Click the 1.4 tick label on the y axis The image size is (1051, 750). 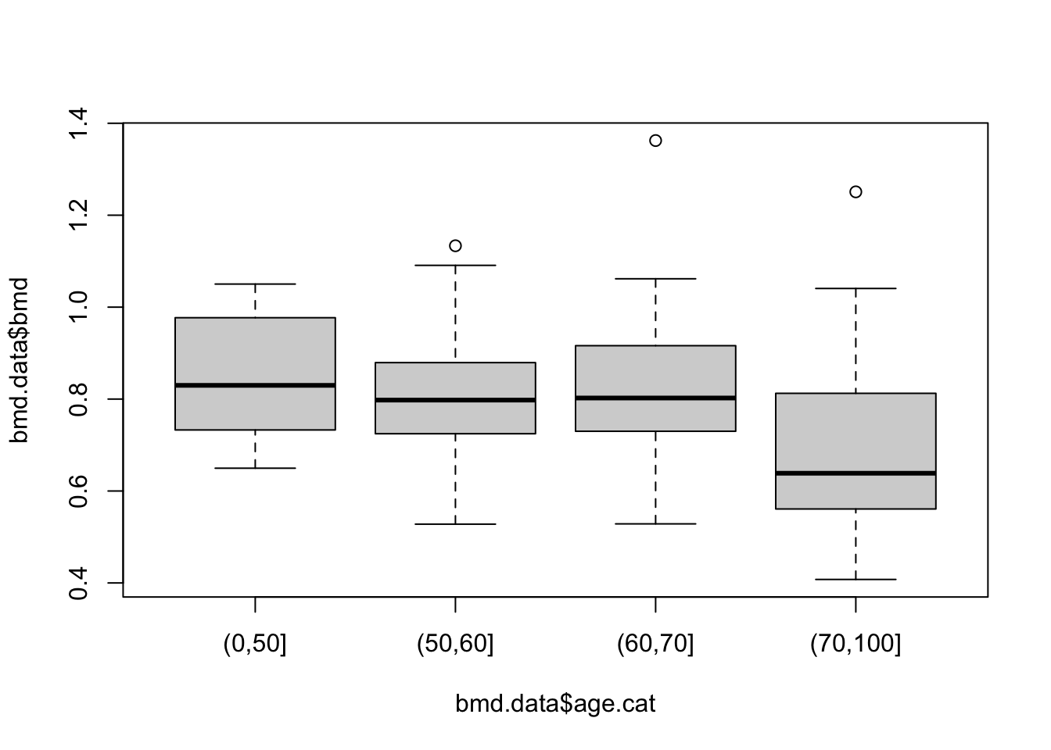click(x=78, y=123)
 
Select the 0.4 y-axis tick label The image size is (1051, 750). click(x=78, y=583)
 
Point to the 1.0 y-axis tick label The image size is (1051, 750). click(x=78, y=307)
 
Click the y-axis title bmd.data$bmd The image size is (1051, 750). click(x=20, y=360)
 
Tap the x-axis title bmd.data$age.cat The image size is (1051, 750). click(x=555, y=704)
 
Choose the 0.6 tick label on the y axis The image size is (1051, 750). click(x=78, y=491)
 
